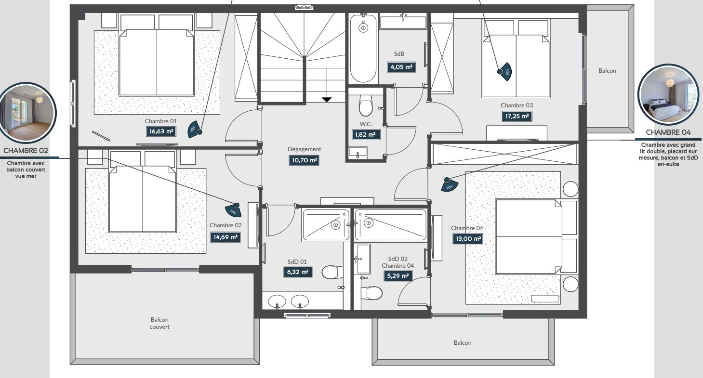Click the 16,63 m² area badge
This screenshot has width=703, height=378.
161,131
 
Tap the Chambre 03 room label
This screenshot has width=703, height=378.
517,105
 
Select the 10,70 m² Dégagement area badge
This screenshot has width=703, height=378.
304,160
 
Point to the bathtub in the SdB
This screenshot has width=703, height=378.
363,49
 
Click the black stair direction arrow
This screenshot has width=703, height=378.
327,100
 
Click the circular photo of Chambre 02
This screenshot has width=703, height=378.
27,112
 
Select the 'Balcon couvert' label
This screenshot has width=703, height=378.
159,323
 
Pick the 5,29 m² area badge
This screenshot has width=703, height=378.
398,276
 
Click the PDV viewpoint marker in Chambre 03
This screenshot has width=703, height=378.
504,72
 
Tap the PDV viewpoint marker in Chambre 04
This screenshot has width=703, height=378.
449,184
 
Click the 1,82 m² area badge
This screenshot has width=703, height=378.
365,135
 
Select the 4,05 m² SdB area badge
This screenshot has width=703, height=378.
401,67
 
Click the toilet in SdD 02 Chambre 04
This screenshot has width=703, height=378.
371,293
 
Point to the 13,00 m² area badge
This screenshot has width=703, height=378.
467,239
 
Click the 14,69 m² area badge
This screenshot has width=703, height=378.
225,237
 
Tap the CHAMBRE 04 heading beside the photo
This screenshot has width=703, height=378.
668,132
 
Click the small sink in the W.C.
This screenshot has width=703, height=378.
358,152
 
